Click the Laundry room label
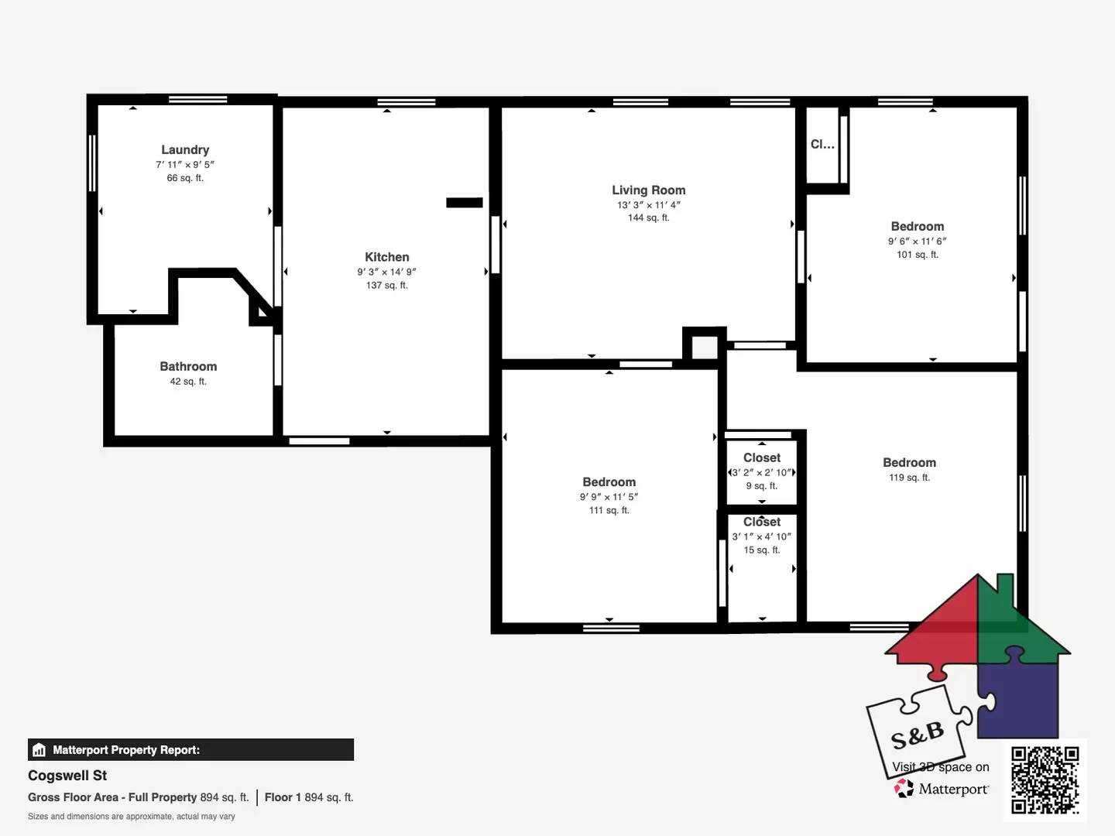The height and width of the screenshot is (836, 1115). tap(185, 149)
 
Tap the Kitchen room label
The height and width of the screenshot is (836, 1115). tap(387, 257)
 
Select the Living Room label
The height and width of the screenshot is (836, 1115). tap(649, 190)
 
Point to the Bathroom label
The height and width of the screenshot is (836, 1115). tap(188, 366)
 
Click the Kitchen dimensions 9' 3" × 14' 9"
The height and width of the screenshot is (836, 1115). tap(387, 272)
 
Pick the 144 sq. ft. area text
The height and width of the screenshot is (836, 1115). tap(649, 218)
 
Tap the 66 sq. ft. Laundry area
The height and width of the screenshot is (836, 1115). tap(185, 178)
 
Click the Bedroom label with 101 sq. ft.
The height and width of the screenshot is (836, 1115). tap(918, 226)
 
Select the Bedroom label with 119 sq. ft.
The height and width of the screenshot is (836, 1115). tap(910, 462)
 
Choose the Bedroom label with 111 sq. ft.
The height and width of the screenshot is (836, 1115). tap(609, 481)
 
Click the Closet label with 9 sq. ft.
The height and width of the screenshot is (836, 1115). tap(762, 457)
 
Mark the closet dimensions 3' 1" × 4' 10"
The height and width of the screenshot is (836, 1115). tap(762, 536)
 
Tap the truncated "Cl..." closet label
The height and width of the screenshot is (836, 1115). tap(822, 144)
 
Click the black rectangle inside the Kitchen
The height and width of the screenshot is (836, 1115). tap(465, 203)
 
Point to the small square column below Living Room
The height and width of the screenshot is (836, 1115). tap(705, 346)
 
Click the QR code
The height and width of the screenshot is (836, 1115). tap(1045, 779)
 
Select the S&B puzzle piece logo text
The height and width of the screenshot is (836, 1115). tap(918, 735)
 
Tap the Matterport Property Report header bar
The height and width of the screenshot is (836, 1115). tap(190, 749)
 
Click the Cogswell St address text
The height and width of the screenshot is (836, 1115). tap(67, 776)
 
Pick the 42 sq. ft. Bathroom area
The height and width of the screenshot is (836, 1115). tap(188, 382)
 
